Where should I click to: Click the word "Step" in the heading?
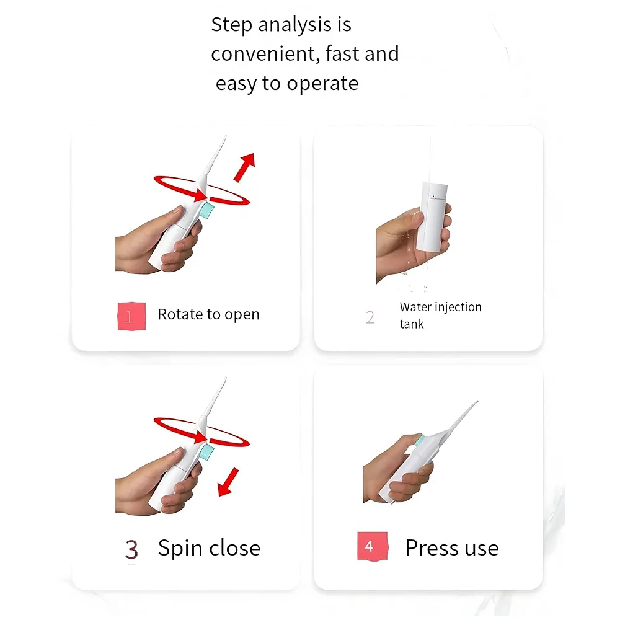[231, 25]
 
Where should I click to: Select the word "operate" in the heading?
[322, 84]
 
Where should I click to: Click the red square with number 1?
[131, 316]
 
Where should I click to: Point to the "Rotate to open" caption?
[208, 315]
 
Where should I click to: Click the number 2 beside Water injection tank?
[370, 317]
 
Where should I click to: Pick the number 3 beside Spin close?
[131, 549]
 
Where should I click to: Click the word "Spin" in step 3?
[180, 549]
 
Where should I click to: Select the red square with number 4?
[373, 546]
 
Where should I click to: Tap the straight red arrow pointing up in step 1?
[244, 167]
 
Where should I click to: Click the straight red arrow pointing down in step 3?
[229, 482]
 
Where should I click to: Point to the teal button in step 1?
[206, 210]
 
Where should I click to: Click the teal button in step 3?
[206, 451]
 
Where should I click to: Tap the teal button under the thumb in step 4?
[420, 440]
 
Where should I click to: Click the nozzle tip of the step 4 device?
[477, 402]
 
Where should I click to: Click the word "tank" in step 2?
[412, 324]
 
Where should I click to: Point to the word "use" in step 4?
[482, 549]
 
